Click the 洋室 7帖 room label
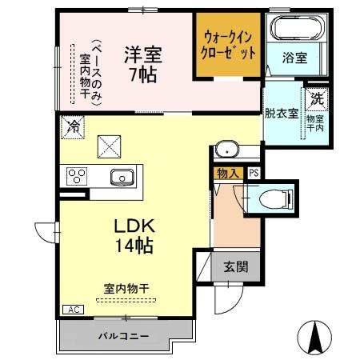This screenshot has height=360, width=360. (x=142, y=65)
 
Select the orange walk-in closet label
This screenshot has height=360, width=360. (x=230, y=45)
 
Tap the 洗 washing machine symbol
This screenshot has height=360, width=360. (x=316, y=101)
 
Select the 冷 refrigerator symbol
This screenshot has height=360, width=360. (x=73, y=126)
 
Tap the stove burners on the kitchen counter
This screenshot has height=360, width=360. (x=78, y=176)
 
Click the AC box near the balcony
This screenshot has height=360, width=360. (x=71, y=309)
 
